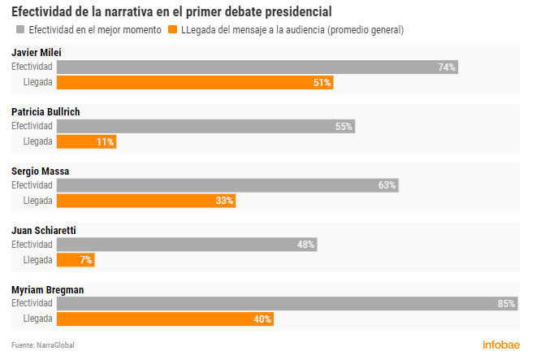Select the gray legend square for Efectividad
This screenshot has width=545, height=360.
[x=20, y=30]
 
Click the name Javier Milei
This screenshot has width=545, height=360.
[x=36, y=53]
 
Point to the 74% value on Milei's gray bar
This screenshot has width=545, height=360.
[x=446, y=67]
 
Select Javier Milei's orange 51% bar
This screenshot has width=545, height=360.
[x=195, y=83]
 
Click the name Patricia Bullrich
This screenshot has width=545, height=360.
[x=45, y=111]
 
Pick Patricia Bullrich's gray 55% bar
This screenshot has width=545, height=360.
[x=205, y=126]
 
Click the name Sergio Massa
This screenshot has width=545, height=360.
[x=40, y=171]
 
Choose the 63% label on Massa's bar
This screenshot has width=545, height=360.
[x=387, y=185]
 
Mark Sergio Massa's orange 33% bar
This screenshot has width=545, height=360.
[x=146, y=201]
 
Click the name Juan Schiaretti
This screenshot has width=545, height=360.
[x=43, y=230]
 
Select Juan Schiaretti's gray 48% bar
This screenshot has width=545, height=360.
[x=187, y=245]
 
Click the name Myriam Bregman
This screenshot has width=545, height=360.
[x=47, y=289]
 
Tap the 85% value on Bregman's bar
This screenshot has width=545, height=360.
[x=506, y=304]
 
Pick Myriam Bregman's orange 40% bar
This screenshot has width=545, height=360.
[x=165, y=319]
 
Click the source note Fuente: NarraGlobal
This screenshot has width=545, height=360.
[x=43, y=345]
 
